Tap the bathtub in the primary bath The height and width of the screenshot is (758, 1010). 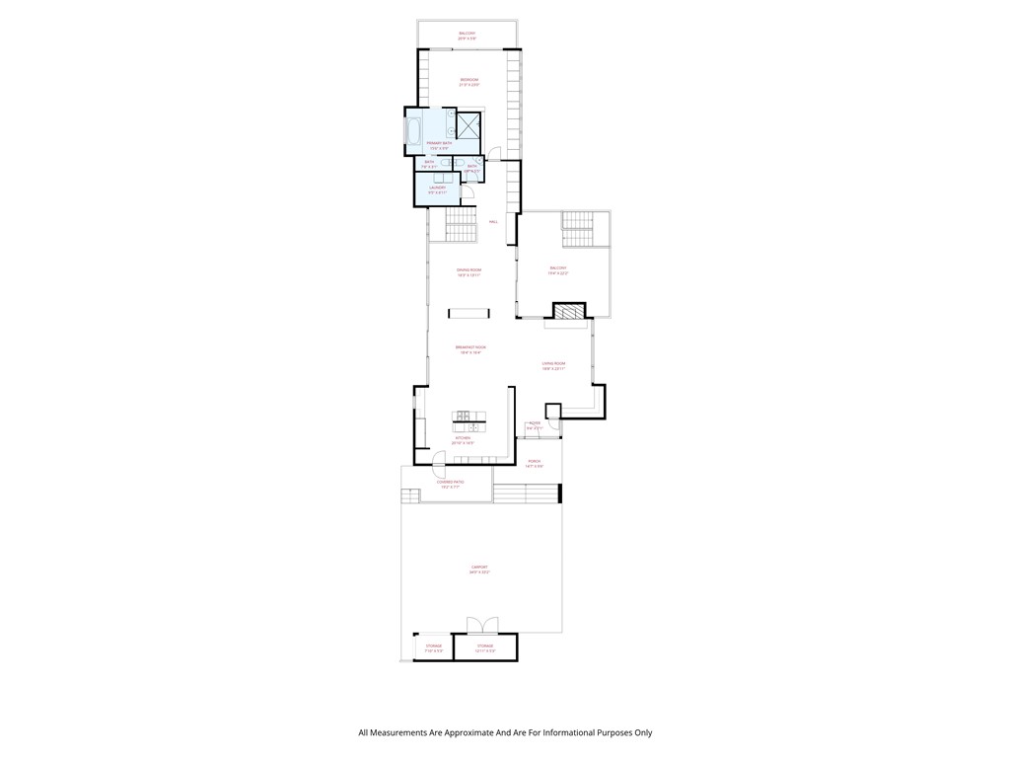click(x=413, y=131)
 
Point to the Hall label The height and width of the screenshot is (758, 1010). click(x=493, y=221)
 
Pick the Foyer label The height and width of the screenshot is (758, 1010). click(x=535, y=423)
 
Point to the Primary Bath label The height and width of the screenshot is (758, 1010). click(x=440, y=144)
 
